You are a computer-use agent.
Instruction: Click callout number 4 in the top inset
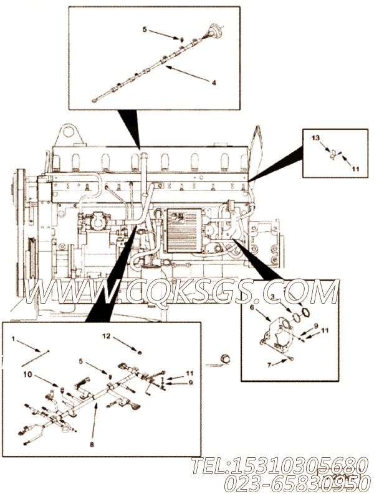click(x=214, y=82)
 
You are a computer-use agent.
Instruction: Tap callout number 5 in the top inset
click(x=144, y=29)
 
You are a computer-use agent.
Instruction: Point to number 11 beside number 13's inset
click(x=355, y=169)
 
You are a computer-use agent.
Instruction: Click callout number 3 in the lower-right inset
click(x=289, y=302)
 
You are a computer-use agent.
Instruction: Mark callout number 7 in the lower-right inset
click(x=269, y=365)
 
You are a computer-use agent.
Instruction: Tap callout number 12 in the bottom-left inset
click(x=107, y=337)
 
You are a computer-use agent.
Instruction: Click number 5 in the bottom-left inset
click(x=80, y=360)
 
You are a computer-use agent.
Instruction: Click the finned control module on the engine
click(x=186, y=229)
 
